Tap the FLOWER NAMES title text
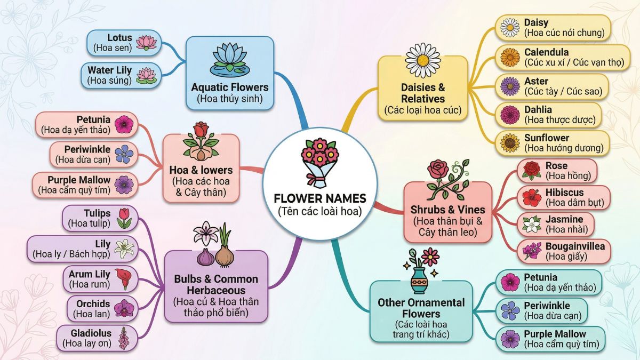(319, 198)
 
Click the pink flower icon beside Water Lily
(143, 75)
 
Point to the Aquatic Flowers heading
(229, 87)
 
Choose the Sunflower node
(553, 143)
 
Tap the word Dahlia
(538, 109)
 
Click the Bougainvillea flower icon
(532, 251)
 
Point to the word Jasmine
(564, 219)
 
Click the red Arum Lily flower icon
(124, 278)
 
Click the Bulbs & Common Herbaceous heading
(215, 285)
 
